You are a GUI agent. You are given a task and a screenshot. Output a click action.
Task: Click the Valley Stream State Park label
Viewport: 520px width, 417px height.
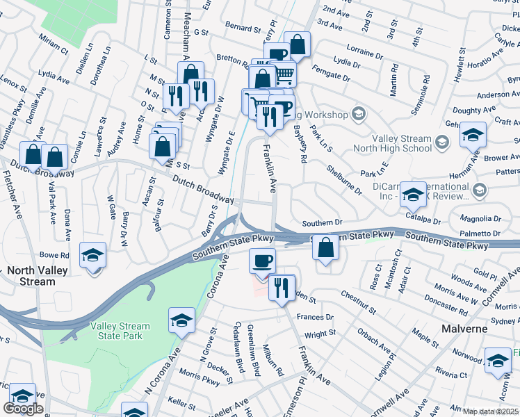tap(120, 331)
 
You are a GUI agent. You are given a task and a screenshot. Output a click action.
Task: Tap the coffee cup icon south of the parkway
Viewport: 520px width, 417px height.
tap(262, 261)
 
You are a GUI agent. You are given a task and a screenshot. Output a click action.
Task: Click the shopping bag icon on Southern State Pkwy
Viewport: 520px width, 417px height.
tap(325, 247)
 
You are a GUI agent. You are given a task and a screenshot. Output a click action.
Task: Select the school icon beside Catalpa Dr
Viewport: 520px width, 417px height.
tap(413, 196)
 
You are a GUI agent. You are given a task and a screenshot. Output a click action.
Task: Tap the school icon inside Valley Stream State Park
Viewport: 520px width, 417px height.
tap(181, 320)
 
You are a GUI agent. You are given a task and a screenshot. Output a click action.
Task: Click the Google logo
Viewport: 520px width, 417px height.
tap(23, 409)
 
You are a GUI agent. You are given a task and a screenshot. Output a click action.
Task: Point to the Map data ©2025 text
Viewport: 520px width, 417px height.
tap(490, 411)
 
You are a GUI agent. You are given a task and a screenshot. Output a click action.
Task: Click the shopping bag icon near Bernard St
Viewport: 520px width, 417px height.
tap(297, 44)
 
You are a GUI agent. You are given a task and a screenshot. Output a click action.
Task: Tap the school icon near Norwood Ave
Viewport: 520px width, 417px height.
tap(498, 361)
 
